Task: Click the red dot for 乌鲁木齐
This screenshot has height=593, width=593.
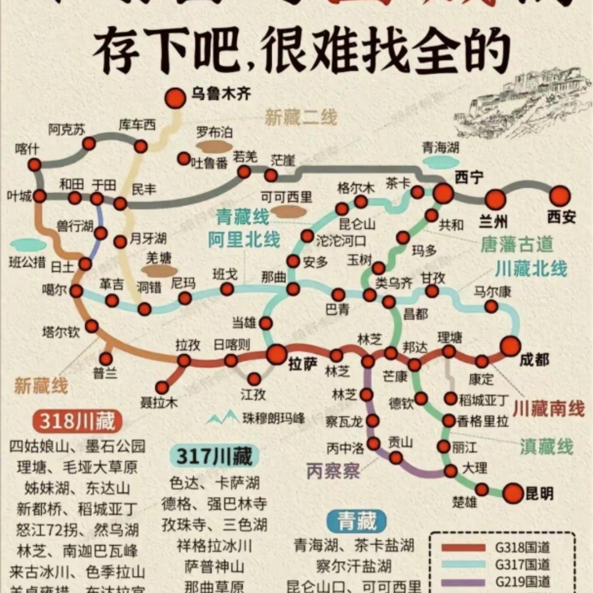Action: tap(176, 98)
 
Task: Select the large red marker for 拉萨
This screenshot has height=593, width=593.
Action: tap(277, 354)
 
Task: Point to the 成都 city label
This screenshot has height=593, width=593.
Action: tap(534, 360)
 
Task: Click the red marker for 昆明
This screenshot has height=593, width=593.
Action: tap(513, 493)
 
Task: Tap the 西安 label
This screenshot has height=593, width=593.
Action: tap(561, 217)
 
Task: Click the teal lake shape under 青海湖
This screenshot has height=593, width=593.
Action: tap(440, 162)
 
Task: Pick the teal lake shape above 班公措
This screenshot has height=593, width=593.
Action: tap(28, 245)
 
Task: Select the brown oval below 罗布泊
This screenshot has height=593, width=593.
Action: tap(214, 147)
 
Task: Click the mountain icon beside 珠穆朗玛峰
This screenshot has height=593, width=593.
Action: tap(222, 418)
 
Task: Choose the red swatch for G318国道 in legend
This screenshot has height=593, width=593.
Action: tap(464, 547)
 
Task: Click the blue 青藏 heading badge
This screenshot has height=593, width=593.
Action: tap(357, 522)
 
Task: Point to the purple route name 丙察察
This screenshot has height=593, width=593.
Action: tap(333, 471)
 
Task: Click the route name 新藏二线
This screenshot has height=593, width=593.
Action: tap(301, 118)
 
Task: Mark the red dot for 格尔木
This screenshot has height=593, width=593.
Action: tap(361, 202)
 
